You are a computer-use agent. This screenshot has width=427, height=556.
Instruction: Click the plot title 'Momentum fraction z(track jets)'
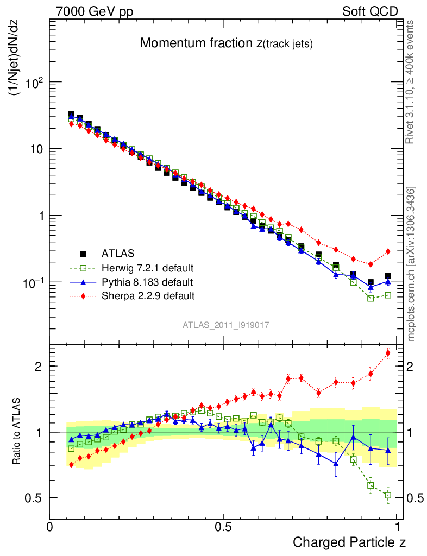click(227, 44)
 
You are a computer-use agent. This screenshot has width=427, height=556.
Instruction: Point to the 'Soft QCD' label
click(370, 11)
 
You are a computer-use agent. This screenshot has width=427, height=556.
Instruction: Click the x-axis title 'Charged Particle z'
click(349, 542)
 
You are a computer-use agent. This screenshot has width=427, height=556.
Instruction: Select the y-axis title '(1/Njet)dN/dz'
click(14, 64)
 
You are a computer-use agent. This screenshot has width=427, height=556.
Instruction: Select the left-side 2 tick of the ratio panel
click(36, 366)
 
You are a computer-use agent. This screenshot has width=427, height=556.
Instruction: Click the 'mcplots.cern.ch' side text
click(411, 263)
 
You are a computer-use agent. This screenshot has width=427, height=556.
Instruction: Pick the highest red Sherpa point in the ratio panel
click(388, 353)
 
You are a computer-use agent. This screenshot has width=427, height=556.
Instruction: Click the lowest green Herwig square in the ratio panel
click(388, 495)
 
